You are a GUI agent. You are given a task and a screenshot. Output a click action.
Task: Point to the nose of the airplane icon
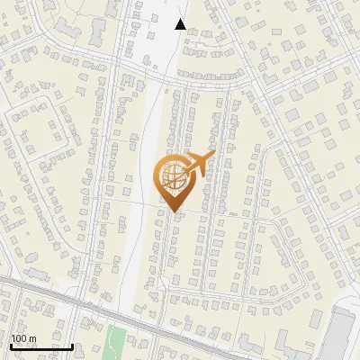tap(214, 154)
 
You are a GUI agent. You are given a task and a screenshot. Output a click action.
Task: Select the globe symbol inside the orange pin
tap(173, 176)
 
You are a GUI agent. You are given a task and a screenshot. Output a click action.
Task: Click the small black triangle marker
tap(180, 24)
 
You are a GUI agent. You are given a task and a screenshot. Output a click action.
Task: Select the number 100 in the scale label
tap(20, 338)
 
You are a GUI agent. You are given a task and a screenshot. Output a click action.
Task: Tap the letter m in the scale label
tap(32, 339)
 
